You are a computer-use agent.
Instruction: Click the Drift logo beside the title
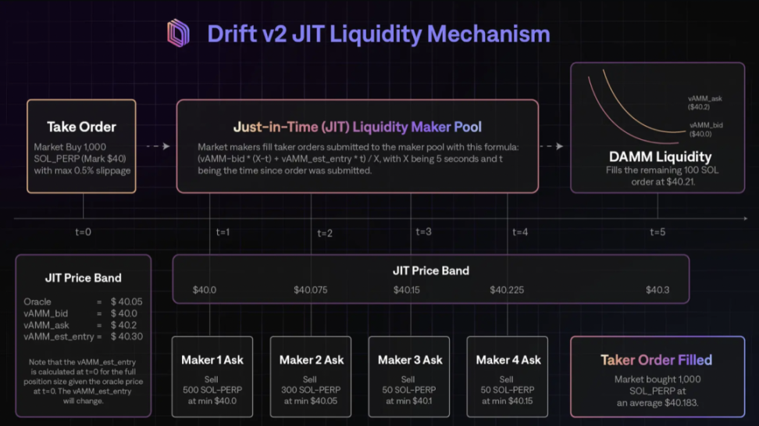178,34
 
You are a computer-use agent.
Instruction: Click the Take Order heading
81,127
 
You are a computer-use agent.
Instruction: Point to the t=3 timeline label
423,231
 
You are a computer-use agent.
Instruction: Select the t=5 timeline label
657,232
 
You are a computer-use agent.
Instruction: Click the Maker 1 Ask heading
212,360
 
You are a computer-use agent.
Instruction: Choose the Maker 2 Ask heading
311,360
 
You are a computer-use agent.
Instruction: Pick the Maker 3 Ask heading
410,360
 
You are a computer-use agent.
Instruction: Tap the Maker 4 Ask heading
508,360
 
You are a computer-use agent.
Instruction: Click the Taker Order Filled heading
656,360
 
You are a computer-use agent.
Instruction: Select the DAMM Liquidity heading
661,156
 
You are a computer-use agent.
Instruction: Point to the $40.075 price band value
310,291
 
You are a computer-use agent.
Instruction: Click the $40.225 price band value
506,291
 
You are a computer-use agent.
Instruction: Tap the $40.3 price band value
657,291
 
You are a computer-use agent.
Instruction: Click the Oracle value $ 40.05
126,301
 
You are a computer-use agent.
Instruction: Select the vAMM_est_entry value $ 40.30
126,336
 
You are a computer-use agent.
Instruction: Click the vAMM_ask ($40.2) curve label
705,102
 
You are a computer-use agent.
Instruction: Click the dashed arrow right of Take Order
157,146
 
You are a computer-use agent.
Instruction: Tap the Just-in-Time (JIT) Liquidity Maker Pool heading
357,127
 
